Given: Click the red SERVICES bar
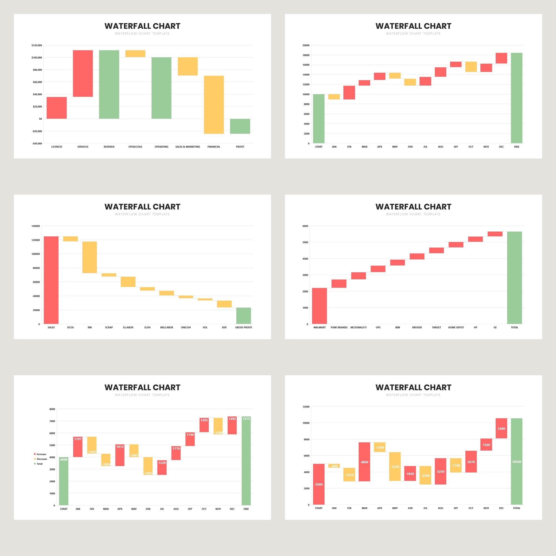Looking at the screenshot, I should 83,73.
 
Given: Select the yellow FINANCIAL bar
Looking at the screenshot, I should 214,105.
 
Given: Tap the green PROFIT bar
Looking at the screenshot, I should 240,126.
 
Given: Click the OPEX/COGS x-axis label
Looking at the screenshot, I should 135,147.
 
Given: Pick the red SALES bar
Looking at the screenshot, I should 51,280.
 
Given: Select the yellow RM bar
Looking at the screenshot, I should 90,257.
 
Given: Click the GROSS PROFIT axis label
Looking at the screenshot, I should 244,327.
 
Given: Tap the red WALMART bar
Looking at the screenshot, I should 319,306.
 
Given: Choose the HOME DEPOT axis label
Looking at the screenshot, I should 456,327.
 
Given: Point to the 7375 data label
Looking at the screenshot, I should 246,419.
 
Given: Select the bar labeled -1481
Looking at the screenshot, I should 148,466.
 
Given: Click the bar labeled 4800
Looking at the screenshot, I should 364,461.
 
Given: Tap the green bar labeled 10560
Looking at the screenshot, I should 517,461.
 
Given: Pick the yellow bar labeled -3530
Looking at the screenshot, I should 395,466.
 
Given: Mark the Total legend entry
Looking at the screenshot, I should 39,464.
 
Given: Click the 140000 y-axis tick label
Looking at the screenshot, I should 36,226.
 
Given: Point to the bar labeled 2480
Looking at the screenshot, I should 501,428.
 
